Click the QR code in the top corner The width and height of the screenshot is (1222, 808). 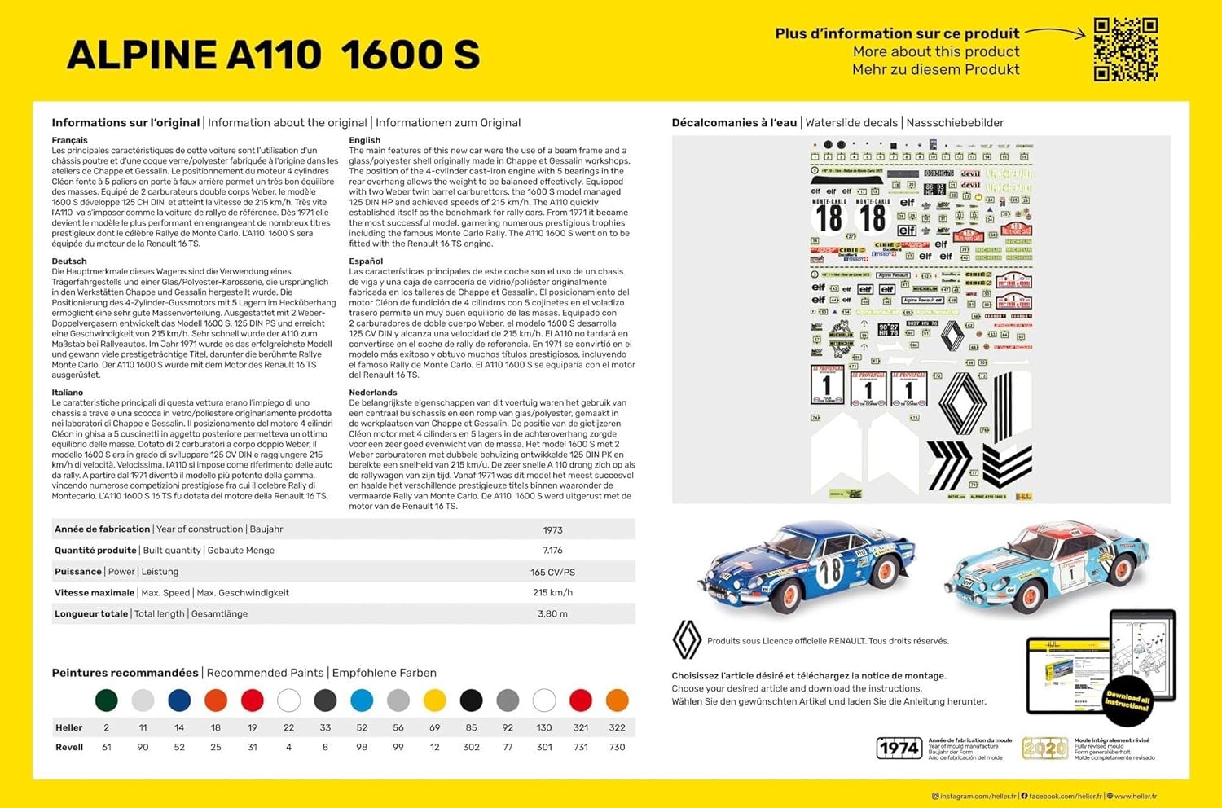pos(1125,50)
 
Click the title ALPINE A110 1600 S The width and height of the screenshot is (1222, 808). pos(274,55)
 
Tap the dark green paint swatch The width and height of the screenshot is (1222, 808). pos(106,700)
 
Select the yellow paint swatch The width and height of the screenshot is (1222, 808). pos(435,700)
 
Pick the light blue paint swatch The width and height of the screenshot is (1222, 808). pos(362,700)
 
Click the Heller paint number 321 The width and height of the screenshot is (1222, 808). pos(580,727)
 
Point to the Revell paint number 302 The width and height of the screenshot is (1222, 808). pos(471,747)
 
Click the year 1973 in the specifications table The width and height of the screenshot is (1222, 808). pos(552,529)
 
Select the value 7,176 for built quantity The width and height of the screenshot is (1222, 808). pos(552,551)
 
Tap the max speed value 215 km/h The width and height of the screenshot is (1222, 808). pos(552,593)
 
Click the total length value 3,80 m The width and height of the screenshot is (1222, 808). pos(552,614)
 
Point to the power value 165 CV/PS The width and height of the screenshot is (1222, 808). pos(552,572)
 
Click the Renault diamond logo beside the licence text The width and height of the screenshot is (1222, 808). pos(686,640)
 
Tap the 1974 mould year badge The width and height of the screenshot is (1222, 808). pos(899,748)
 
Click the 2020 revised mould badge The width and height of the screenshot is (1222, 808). pos(1044,748)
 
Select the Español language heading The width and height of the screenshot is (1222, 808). pos(366,261)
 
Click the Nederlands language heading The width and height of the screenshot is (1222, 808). pos(371,393)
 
